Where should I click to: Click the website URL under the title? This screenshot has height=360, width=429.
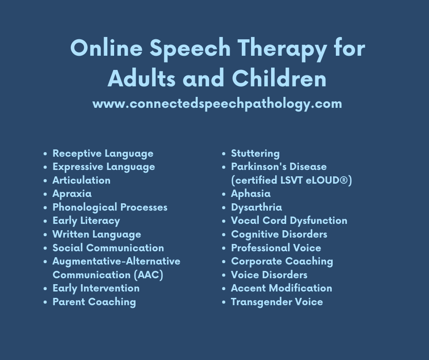tap(217, 104)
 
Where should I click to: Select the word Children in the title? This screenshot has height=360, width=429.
tap(279, 78)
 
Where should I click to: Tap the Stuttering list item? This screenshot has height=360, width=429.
tap(255, 154)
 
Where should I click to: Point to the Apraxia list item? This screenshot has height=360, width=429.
tap(72, 194)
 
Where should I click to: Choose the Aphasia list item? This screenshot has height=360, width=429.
tap(251, 194)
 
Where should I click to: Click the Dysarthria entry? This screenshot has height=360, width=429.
tap(256, 207)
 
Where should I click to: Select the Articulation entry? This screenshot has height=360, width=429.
tap(82, 180)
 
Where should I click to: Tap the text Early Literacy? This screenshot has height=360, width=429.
tap(86, 221)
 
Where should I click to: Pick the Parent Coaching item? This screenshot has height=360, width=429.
tap(94, 302)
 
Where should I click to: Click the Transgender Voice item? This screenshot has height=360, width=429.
tap(277, 302)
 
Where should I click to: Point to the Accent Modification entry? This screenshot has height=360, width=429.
tap(282, 288)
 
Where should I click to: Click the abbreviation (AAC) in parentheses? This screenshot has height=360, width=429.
tap(149, 275)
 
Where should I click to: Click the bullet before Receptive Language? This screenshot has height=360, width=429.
tap(46, 154)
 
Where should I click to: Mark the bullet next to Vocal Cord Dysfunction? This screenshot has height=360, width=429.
tap(224, 221)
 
